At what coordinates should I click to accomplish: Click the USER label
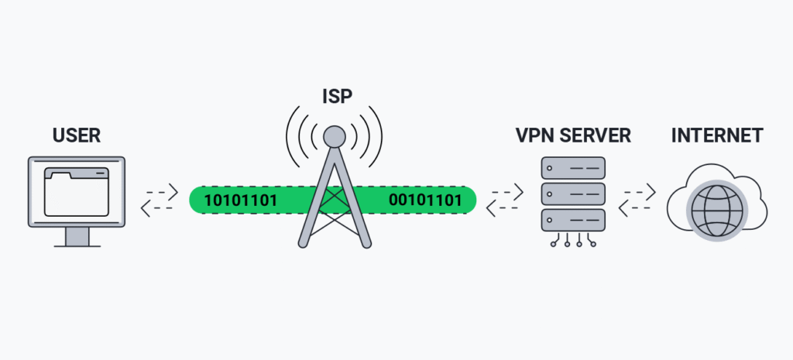[77, 136]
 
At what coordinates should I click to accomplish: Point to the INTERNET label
[716, 136]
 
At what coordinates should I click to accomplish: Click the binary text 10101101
[240, 201]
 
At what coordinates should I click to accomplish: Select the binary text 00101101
[425, 201]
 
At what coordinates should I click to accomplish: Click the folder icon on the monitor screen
[77, 191]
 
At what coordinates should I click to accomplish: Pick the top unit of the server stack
[573, 167]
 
